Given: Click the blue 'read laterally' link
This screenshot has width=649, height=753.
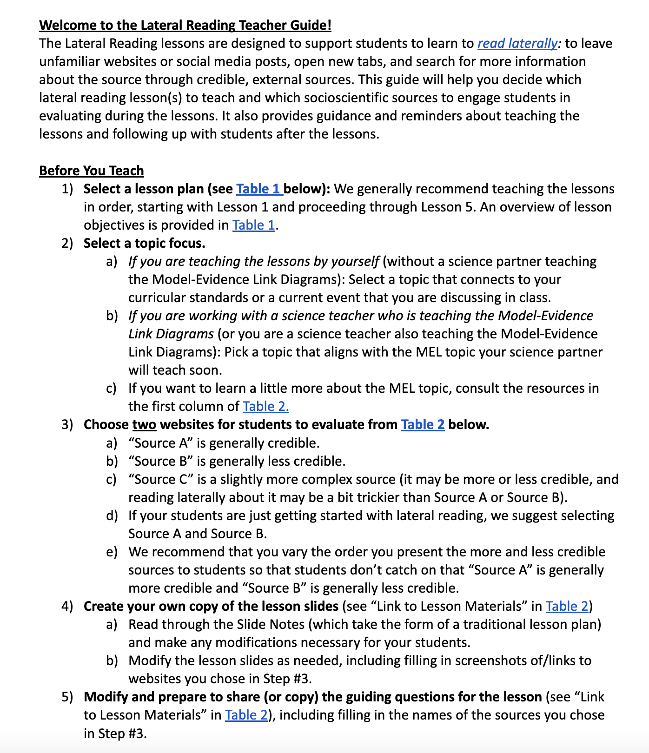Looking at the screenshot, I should [517, 44].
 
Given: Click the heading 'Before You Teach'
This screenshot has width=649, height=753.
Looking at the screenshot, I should [92, 171].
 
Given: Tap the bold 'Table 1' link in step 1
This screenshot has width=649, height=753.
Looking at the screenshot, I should [258, 189].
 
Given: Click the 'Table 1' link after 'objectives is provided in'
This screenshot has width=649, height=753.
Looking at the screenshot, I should [254, 225].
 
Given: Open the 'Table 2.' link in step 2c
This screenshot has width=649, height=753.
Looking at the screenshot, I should [265, 407].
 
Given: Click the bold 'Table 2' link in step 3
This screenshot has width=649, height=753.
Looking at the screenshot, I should [423, 425].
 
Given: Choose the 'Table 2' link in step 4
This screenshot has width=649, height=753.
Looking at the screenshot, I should [567, 607].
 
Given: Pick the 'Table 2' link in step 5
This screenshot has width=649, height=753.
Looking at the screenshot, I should [246, 715].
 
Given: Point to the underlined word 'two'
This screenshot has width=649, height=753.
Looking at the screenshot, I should [144, 425].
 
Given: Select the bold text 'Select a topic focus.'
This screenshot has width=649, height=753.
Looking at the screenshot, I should [144, 244].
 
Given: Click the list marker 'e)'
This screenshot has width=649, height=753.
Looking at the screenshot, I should [112, 552].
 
